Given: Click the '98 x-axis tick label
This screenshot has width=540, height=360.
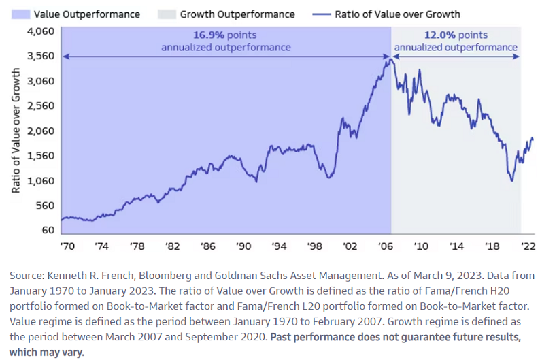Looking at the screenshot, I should pos(314,246).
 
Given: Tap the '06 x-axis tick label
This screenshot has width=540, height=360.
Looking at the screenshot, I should pos(385,246).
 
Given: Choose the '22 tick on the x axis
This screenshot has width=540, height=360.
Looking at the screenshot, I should pos(526,246).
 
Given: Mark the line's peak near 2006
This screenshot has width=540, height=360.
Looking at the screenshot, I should pos(388,60).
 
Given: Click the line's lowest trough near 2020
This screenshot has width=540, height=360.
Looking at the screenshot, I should pos(511,181).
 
